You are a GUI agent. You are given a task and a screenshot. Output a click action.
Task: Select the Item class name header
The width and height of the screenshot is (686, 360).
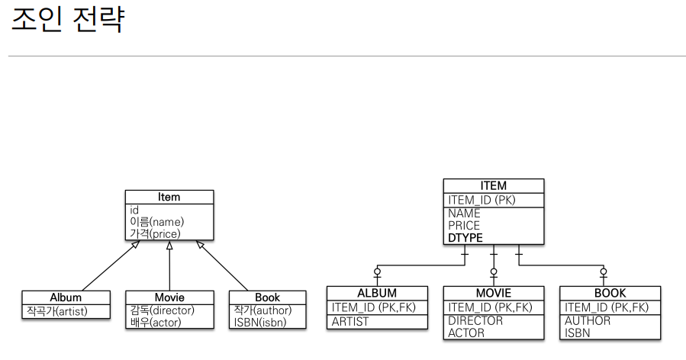click(x=169, y=197)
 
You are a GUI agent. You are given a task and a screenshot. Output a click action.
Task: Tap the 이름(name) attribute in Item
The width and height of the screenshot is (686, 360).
click(x=157, y=222)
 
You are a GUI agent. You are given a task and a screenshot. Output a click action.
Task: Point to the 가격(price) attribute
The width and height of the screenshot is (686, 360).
click(x=156, y=233)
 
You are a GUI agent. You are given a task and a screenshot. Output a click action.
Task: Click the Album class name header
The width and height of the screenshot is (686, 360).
click(x=66, y=297)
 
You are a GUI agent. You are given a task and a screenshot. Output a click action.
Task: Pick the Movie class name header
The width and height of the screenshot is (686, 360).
click(x=169, y=297)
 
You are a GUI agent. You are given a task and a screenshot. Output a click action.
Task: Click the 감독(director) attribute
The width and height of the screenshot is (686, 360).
click(x=163, y=310)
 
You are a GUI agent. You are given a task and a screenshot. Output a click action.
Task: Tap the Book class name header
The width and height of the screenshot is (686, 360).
click(x=267, y=297)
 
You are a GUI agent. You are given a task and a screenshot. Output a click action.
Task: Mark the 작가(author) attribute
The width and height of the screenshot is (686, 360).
click(x=263, y=310)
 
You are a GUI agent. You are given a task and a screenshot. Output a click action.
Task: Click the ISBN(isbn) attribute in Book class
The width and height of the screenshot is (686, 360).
click(x=260, y=322)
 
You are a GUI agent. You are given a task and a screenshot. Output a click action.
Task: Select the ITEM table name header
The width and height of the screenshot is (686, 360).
click(x=493, y=186)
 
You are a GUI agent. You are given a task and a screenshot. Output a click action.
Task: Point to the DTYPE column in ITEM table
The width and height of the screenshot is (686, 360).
click(x=465, y=238)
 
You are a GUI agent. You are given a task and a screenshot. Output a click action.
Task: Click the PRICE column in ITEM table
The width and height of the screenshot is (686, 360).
click(x=464, y=226)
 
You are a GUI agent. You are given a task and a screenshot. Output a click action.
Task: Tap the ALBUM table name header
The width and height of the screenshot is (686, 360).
click(x=377, y=293)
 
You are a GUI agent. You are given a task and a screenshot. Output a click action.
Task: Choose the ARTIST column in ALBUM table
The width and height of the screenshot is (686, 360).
click(x=350, y=321)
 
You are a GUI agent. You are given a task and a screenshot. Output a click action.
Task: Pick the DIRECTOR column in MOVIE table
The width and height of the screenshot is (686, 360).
click(x=475, y=320)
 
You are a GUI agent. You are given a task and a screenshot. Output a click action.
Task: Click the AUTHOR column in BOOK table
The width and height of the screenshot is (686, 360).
click(x=588, y=320)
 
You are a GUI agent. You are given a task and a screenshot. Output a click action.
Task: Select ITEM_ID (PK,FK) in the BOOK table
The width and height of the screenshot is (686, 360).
click(x=607, y=307)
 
